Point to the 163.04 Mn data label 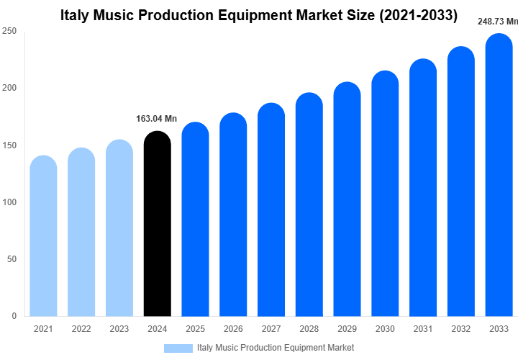[156, 119]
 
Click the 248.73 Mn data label [498, 22]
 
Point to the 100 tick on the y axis [9, 202]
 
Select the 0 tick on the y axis [14, 316]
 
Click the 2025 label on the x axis [195, 329]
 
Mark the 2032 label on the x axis [461, 329]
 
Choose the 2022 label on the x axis [81, 329]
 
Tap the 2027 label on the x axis [271, 329]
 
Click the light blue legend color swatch [178, 348]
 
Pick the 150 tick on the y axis [9, 145]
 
